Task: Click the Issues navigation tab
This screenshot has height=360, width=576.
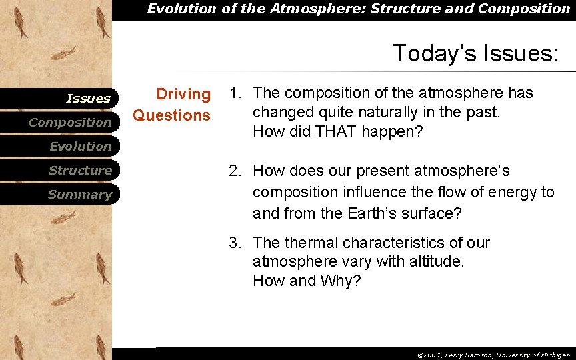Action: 88,99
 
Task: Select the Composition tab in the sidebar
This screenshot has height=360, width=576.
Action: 70,123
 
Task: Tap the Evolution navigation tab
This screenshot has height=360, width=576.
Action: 80,147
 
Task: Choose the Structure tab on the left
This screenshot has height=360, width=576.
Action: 79,171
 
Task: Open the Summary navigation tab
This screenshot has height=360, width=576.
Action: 79,195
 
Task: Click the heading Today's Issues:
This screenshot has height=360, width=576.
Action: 475,53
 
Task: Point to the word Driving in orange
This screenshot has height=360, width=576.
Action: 183,95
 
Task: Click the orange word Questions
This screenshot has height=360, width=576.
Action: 171,115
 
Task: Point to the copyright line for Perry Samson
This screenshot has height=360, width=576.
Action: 493,355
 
